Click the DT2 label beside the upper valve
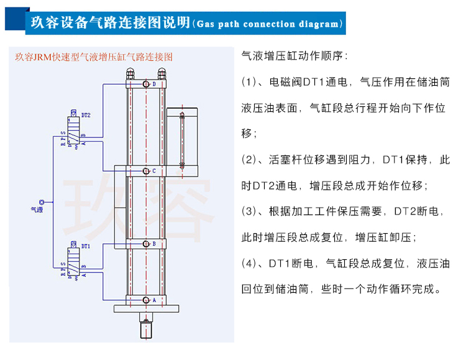pos(86,116)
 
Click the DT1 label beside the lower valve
pos(86,246)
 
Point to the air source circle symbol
pos(42,201)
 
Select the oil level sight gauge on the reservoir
pos(182,139)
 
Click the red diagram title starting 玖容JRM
pos(93,56)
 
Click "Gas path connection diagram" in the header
pos(268,25)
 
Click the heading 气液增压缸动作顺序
pos(295,56)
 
